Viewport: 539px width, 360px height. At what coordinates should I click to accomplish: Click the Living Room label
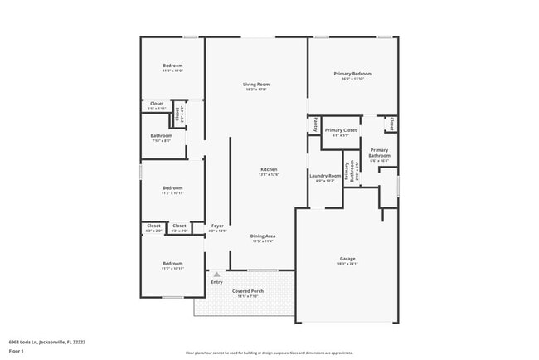(x=256, y=85)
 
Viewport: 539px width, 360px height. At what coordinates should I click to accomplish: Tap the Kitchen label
(x=268, y=169)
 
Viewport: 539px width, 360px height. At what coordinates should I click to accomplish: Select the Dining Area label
(x=263, y=236)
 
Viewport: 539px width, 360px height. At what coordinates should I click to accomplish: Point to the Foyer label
(x=217, y=226)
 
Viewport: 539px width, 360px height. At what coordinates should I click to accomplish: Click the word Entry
(x=216, y=282)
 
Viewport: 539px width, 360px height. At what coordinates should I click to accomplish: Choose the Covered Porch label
(x=247, y=292)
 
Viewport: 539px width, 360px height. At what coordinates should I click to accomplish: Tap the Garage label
(x=347, y=259)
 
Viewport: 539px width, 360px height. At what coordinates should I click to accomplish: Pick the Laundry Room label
(x=325, y=175)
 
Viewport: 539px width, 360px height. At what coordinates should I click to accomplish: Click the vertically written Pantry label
(x=316, y=124)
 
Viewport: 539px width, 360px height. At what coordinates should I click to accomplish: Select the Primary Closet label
(x=340, y=130)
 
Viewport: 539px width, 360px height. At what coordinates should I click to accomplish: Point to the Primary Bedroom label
(x=353, y=74)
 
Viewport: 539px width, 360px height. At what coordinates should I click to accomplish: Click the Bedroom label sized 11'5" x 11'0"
(x=172, y=66)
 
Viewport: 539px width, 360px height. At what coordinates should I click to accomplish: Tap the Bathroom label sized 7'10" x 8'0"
(x=162, y=135)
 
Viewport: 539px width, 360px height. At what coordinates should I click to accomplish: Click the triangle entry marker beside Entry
(x=216, y=273)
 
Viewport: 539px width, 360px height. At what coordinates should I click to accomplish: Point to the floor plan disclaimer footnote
(x=269, y=352)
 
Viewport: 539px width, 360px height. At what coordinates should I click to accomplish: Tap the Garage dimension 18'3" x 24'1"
(x=347, y=264)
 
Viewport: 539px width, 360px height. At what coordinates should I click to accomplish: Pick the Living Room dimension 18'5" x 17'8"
(x=256, y=90)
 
